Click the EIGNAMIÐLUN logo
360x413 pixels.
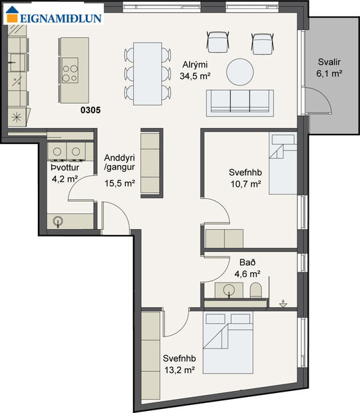coord(55,18)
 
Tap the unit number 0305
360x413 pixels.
coord(90,111)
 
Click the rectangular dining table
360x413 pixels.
coord(146,73)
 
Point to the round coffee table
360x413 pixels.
coord(239,71)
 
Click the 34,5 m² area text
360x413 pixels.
coord(195,76)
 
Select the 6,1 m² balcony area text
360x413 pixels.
coord(329,73)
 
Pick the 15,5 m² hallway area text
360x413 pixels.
coord(120,183)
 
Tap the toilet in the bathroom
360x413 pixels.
coord(256,290)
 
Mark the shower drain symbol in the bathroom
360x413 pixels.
coord(284,303)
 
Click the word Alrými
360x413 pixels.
coord(195,65)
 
